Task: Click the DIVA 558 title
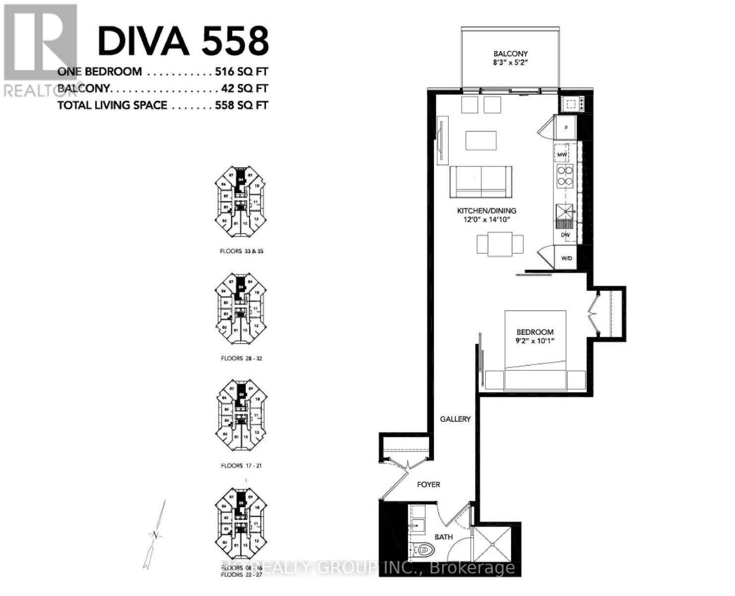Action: tap(183, 41)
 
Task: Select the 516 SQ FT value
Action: tap(241, 72)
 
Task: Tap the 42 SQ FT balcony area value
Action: tap(245, 88)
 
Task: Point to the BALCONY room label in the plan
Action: tap(510, 54)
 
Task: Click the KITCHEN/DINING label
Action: tap(486, 211)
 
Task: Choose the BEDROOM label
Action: tap(535, 332)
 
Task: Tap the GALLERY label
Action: tap(455, 419)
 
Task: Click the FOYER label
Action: tap(428, 484)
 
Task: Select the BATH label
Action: tap(443, 537)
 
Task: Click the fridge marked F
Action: tap(566, 128)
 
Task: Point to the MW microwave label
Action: tap(562, 155)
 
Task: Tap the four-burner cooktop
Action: tap(565, 176)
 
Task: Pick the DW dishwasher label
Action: tap(565, 234)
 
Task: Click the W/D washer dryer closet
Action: tap(566, 258)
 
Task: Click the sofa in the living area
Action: tap(481, 182)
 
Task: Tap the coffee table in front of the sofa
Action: tap(481, 140)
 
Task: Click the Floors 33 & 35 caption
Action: tap(242, 251)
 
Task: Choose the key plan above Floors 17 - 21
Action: tap(241, 415)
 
